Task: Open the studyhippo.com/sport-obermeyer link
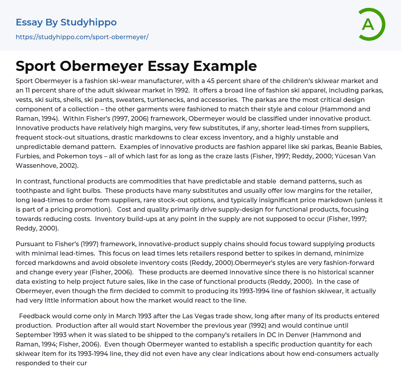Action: click(x=82, y=37)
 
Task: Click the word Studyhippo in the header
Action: click(x=89, y=22)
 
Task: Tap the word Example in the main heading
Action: click(x=227, y=66)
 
